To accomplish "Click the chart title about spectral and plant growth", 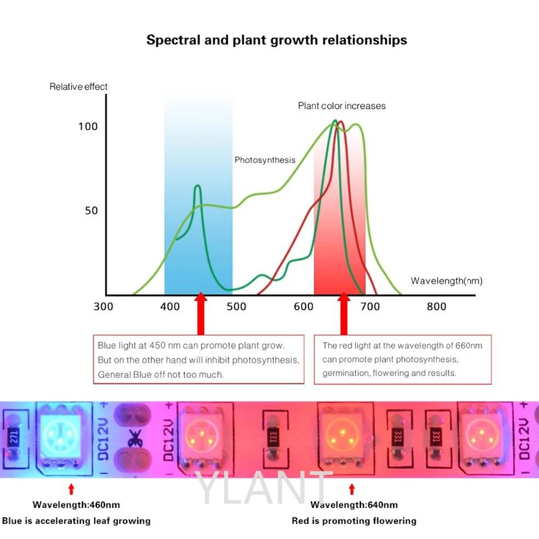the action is (277, 40).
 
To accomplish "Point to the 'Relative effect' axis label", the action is (78, 87).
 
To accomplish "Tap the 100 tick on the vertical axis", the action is (87, 126).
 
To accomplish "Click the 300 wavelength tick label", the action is (104, 307).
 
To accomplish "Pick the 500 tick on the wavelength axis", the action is (237, 307).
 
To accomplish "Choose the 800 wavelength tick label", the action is (437, 307).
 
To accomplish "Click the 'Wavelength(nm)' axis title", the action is (446, 281).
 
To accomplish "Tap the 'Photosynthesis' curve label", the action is (265, 160).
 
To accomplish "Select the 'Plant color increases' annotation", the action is (342, 106).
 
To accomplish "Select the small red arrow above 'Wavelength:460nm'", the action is (71, 488).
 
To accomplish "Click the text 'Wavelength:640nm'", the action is (354, 505).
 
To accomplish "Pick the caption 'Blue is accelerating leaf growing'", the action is (76, 521).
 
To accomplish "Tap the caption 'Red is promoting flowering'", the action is (354, 521).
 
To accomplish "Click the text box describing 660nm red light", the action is (402, 359).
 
